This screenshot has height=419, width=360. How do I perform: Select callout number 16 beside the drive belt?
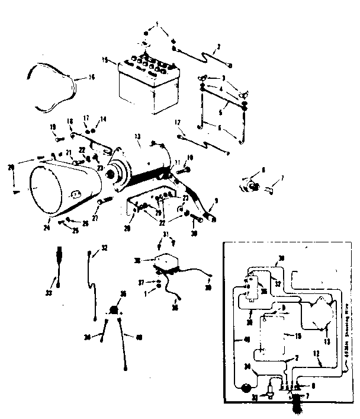pyautogui.click(x=91, y=77)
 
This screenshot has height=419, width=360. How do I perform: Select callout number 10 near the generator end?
pyautogui.click(x=191, y=156)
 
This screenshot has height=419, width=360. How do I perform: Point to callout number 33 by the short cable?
pyautogui.click(x=49, y=292)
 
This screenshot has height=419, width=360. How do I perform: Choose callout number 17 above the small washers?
pyautogui.click(x=85, y=118)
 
